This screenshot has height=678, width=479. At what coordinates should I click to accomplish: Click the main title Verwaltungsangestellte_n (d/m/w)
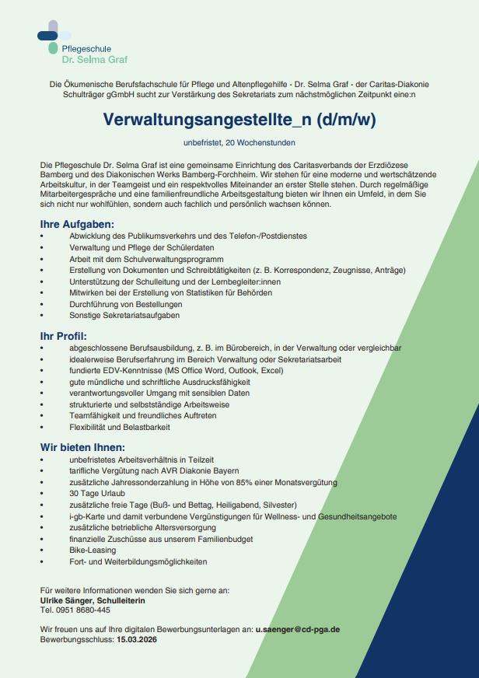[x=239, y=121]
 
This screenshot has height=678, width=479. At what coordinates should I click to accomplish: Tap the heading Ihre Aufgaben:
[x=76, y=224]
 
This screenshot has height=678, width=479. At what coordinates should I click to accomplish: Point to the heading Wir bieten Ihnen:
[x=82, y=447]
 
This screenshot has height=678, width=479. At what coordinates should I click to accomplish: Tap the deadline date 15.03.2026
[x=137, y=639]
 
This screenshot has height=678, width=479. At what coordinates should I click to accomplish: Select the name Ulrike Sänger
[x=68, y=600]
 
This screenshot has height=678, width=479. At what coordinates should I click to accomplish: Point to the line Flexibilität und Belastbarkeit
[x=119, y=428]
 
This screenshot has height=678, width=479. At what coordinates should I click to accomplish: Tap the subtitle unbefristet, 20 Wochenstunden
[x=239, y=142]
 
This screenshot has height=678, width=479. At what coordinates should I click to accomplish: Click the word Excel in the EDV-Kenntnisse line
[x=271, y=371]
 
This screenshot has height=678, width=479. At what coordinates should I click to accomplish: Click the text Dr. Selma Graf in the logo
[x=95, y=59]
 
